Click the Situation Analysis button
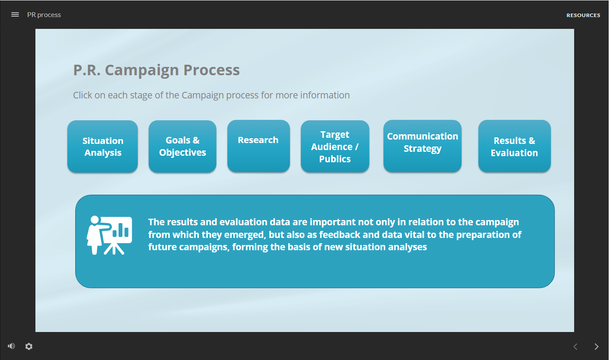pyautogui.click(x=103, y=147)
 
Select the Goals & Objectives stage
pyautogui.click(x=182, y=147)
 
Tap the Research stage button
pyautogui.click(x=258, y=146)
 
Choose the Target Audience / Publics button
pyautogui.click(x=335, y=147)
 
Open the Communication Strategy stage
pyautogui.click(x=422, y=146)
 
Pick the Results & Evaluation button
pyautogui.click(x=514, y=146)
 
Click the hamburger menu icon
pyautogui.click(x=15, y=15)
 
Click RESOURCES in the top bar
pyautogui.click(x=583, y=15)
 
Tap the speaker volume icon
pyautogui.click(x=11, y=346)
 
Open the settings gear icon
pyautogui.click(x=29, y=346)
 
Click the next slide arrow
pyautogui.click(x=596, y=346)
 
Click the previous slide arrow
pyautogui.click(x=575, y=346)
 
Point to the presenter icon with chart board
pyautogui.click(x=109, y=235)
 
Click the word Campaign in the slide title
pyautogui.click(x=142, y=70)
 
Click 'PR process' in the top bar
pyautogui.click(x=44, y=15)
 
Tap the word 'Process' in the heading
pyautogui.click(x=212, y=70)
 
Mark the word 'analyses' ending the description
pyautogui.click(x=408, y=247)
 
